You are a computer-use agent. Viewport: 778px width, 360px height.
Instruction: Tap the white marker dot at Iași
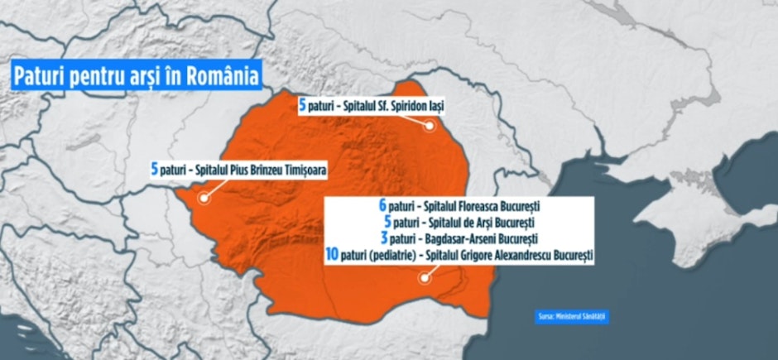[430, 127]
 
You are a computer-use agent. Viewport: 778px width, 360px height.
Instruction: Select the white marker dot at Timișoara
[202, 199]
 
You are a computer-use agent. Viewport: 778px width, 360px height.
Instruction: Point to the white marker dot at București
[423, 278]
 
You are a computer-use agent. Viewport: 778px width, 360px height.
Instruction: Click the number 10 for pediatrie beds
[332, 257]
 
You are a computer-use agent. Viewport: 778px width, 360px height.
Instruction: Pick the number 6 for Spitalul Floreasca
[382, 205]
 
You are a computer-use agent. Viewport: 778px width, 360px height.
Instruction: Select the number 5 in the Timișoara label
[154, 170]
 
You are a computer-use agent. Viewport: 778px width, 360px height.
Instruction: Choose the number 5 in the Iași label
[303, 105]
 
